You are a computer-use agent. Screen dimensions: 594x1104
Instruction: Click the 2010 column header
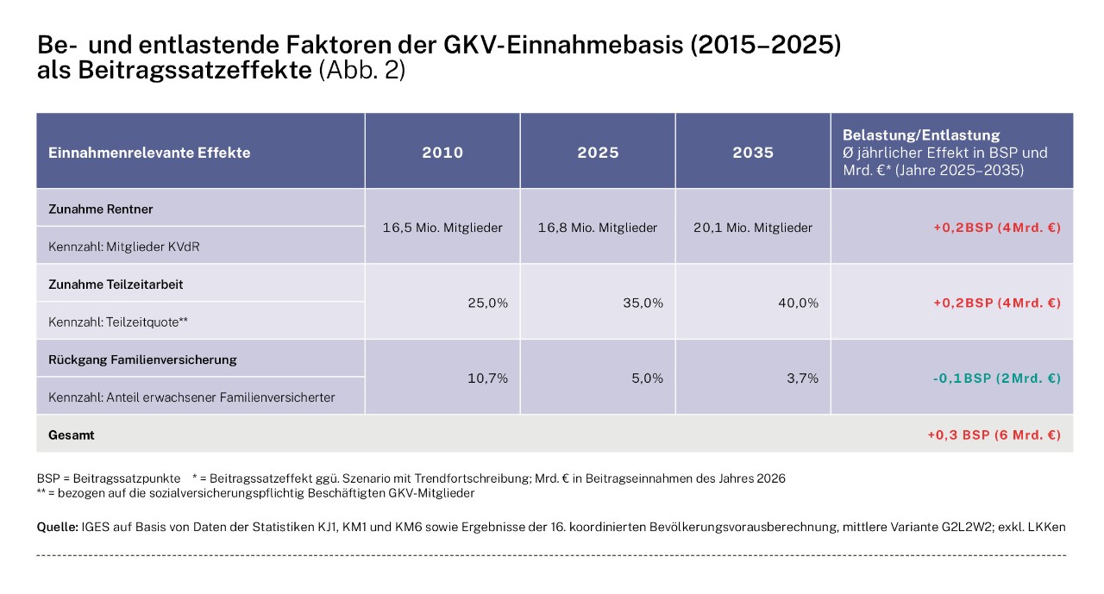tap(442, 153)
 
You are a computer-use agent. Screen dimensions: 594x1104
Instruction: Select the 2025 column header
tap(598, 153)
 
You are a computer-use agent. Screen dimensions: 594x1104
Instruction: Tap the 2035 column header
tap(753, 153)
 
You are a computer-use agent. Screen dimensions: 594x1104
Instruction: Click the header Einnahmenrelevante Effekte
tap(150, 153)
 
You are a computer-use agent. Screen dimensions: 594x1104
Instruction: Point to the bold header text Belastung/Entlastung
tap(921, 135)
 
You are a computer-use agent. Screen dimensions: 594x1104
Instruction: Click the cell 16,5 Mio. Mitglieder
tap(442, 228)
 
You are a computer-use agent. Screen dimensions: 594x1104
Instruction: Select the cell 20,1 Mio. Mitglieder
tap(753, 228)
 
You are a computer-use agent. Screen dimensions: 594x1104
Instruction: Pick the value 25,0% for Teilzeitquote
tap(487, 303)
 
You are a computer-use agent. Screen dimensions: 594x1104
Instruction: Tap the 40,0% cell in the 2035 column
tap(798, 303)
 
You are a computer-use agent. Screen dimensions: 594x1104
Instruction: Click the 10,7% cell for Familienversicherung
tap(488, 378)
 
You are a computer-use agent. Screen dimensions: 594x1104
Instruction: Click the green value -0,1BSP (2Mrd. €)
tap(996, 378)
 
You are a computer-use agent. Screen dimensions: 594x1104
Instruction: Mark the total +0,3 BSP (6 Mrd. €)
tap(994, 435)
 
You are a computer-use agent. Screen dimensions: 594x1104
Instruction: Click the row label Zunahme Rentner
tap(101, 209)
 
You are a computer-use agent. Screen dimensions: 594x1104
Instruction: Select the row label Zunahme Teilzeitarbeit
tap(116, 284)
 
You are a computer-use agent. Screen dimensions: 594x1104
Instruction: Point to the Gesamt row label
tap(72, 435)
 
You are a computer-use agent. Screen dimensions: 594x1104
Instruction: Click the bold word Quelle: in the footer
tap(57, 526)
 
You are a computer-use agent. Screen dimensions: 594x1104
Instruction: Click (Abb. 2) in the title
tap(361, 70)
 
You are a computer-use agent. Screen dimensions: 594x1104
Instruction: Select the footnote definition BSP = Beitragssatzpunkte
tap(109, 478)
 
